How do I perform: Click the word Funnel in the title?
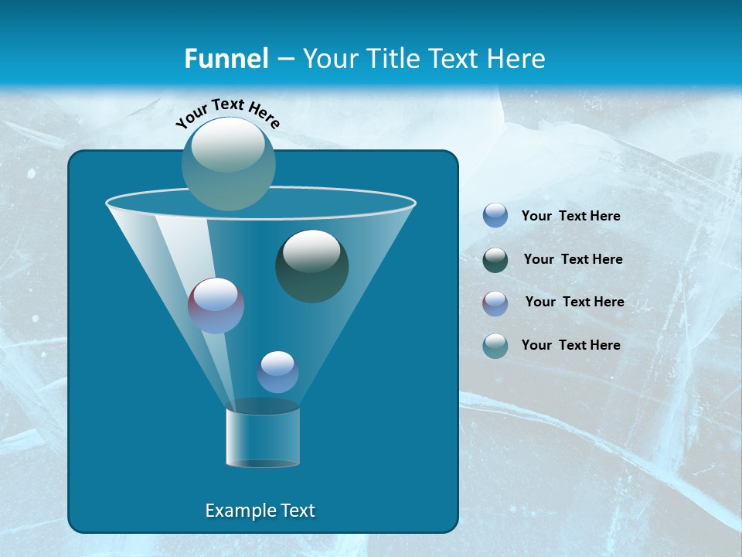[226, 59]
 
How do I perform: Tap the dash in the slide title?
[284, 60]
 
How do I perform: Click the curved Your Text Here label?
[228, 112]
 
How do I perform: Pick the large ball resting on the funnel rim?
[229, 163]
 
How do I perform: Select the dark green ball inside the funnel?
[312, 266]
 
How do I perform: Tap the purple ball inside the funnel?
[216, 305]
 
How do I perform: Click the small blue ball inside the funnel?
[277, 371]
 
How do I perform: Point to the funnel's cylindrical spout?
[263, 437]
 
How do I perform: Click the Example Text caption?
[260, 511]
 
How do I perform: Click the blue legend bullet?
[495, 215]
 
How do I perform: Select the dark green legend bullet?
[495, 260]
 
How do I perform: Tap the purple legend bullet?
[495, 303]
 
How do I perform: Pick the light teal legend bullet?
[495, 346]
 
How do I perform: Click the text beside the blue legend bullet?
[570, 216]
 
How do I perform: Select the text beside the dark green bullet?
[573, 259]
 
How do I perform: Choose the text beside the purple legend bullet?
[574, 302]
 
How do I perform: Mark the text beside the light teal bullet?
[570, 345]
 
